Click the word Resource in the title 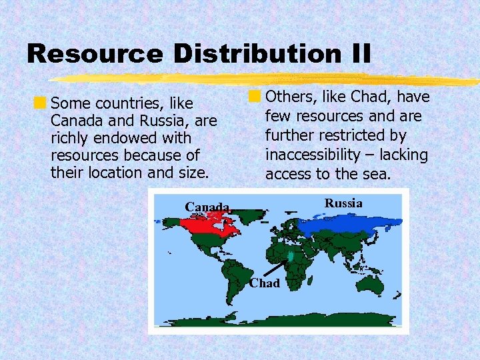pos(94,54)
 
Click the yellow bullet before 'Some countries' pos(41,103)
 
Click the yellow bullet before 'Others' pos(254,97)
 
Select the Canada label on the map pos(207,207)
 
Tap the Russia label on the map pos(343,203)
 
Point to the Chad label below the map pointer pos(265,283)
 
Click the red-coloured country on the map pos(206,225)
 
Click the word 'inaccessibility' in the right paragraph pos(307,155)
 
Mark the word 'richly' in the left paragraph pos(69,138)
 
